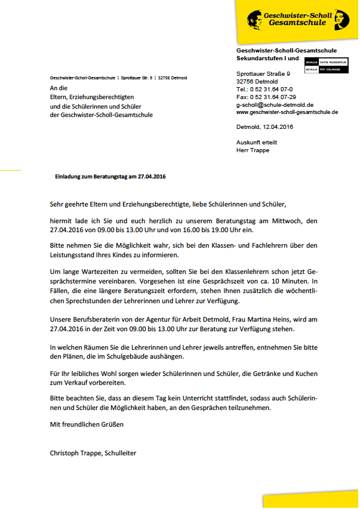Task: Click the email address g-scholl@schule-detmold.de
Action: click(275, 104)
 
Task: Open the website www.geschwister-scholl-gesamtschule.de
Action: click(287, 112)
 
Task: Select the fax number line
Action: click(266, 96)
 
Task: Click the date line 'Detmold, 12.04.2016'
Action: click(264, 127)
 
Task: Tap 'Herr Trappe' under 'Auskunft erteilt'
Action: click(254, 150)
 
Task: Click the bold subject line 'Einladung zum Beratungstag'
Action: click(110, 177)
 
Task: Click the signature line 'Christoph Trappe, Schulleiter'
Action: click(93, 453)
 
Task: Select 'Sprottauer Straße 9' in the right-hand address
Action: click(263, 73)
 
